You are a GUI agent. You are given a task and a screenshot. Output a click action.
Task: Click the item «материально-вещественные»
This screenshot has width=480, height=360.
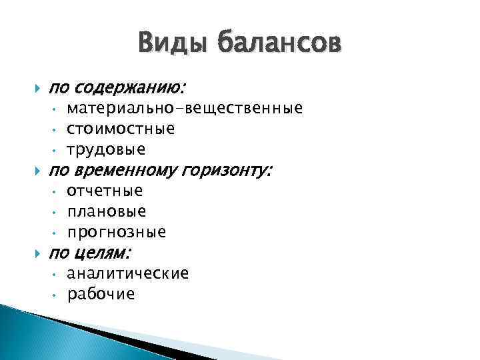185,108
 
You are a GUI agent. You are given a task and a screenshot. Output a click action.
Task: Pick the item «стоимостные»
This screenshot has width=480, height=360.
121,128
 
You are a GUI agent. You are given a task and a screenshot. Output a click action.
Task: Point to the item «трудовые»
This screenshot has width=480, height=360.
106,149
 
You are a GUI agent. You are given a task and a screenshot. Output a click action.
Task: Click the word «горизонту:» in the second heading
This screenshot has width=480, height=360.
228,171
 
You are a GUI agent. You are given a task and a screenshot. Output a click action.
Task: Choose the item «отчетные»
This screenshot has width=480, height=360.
105,191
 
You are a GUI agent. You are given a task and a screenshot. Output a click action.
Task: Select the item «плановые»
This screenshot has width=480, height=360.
107,212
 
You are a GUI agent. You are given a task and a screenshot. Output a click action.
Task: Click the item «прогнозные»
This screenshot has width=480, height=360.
117,233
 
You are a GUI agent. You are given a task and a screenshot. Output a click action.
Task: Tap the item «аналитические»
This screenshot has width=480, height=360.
128,273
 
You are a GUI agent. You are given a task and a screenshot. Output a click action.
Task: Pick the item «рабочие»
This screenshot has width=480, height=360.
101,294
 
